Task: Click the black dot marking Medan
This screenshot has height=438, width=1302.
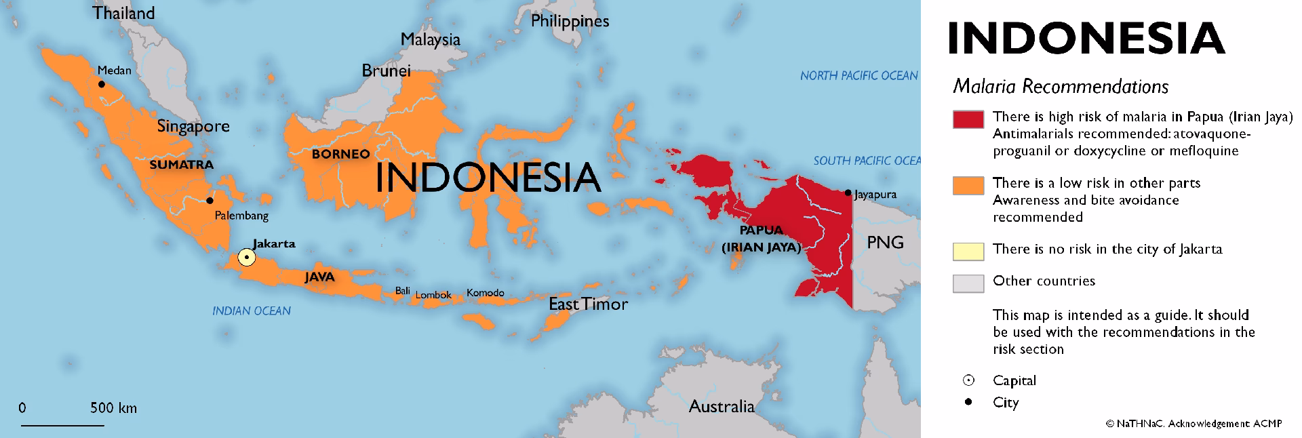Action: [101, 84]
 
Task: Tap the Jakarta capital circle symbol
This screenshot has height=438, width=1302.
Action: [247, 258]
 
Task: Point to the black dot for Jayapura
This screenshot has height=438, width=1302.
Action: [848, 193]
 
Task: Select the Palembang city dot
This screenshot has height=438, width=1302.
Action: [210, 200]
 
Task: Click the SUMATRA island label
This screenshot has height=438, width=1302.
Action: [181, 164]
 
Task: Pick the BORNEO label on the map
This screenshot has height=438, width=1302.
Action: [340, 154]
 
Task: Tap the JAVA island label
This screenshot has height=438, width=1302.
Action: [319, 277]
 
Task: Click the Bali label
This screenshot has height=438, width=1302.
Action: [403, 291]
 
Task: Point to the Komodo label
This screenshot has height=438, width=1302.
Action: [485, 293]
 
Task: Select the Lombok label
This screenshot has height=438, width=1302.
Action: [433, 295]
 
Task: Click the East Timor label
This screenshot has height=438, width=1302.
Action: [588, 304]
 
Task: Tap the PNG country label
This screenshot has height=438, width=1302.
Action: [885, 242]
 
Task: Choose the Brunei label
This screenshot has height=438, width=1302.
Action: [386, 71]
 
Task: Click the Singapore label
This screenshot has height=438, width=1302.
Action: [193, 126]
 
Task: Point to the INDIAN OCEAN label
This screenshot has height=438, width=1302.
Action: [252, 311]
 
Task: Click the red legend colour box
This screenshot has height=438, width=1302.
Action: [968, 119]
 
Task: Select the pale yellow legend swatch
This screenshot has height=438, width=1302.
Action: [968, 250]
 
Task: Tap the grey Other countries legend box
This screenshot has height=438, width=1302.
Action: [968, 283]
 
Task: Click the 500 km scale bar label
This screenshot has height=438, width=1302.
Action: [113, 408]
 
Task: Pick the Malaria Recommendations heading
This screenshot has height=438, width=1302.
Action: [1061, 87]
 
